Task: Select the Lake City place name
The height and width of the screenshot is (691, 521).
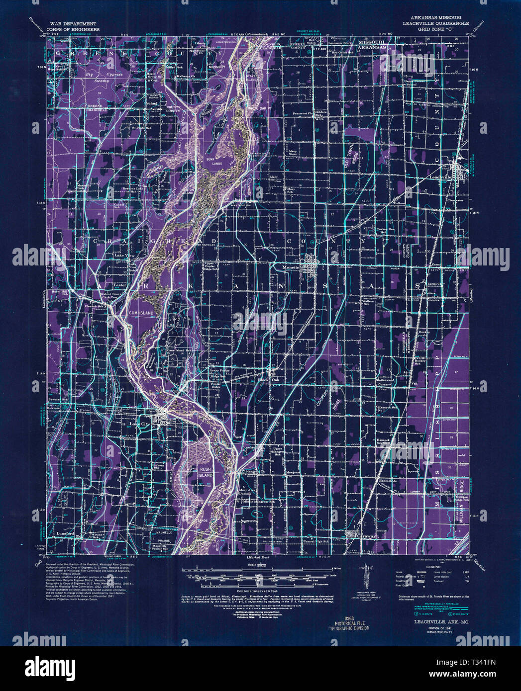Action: tap(139, 424)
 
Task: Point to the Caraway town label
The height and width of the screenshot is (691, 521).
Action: tap(367, 537)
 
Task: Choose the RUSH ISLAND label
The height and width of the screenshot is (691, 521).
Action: tap(206, 472)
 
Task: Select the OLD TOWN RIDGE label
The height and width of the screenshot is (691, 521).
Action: tap(352, 160)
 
